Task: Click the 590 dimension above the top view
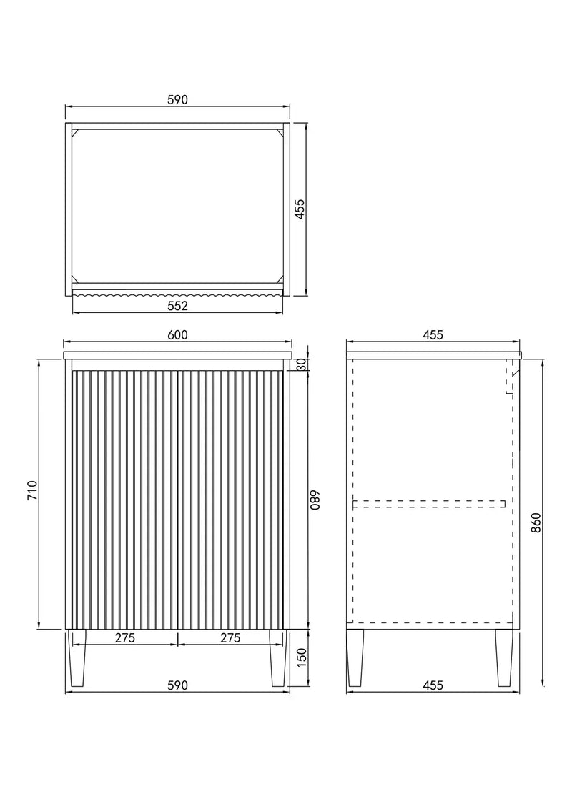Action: point(177,101)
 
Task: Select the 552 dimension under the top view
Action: point(177,307)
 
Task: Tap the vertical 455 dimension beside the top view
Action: point(300,209)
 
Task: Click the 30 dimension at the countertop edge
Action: point(301,364)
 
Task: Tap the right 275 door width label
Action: point(230,638)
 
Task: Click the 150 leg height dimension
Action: point(301,655)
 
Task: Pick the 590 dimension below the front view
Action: point(177,685)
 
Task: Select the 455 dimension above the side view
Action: point(433,335)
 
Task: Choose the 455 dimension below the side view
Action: point(433,685)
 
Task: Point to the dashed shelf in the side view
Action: point(429,504)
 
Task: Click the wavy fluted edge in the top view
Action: point(177,292)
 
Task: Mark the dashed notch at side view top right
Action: point(511,379)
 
